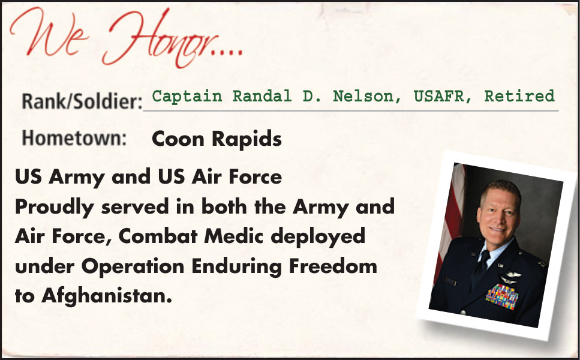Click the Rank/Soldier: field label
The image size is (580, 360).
[82, 101]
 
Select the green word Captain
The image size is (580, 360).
[187, 96]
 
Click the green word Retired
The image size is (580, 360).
[519, 96]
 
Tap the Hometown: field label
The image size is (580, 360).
[74, 138]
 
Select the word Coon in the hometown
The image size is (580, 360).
[178, 139]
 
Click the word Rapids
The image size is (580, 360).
[247, 140]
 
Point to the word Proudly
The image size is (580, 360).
[55, 207]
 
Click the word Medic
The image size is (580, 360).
[233, 236]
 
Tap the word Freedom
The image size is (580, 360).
[333, 266]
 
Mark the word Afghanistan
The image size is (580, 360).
[107, 296]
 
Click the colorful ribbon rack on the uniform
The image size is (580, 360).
[501, 296]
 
